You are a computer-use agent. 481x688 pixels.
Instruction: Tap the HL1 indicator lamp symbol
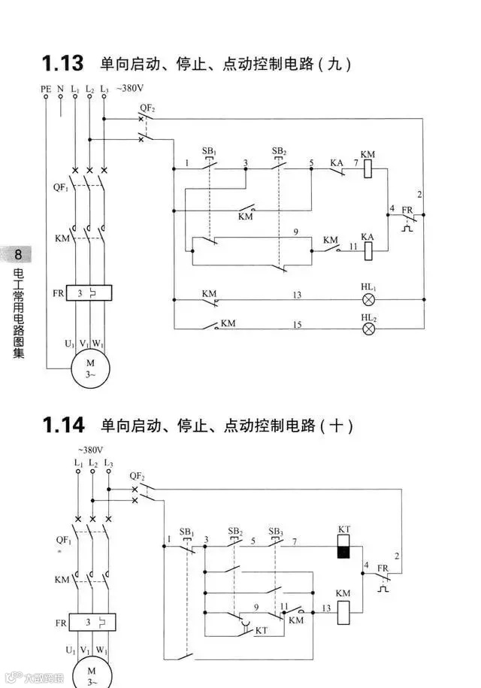368,299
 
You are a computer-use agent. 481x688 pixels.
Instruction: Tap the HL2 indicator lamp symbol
368,329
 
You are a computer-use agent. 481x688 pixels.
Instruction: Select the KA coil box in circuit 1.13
368,251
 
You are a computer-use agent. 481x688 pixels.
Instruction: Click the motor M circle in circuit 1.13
90,368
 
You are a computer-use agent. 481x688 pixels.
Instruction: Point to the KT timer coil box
343,547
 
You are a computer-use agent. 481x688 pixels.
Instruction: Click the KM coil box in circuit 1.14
343,613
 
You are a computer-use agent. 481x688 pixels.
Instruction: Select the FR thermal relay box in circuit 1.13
89,292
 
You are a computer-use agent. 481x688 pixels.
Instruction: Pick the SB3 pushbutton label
276,531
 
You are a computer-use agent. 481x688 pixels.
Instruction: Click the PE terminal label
46,89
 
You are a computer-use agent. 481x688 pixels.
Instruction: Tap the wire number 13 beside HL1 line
297,295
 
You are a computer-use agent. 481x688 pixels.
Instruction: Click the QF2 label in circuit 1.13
147,108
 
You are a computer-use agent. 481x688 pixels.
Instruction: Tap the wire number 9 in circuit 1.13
295,233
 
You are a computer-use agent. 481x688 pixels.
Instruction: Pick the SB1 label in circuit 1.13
209,151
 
